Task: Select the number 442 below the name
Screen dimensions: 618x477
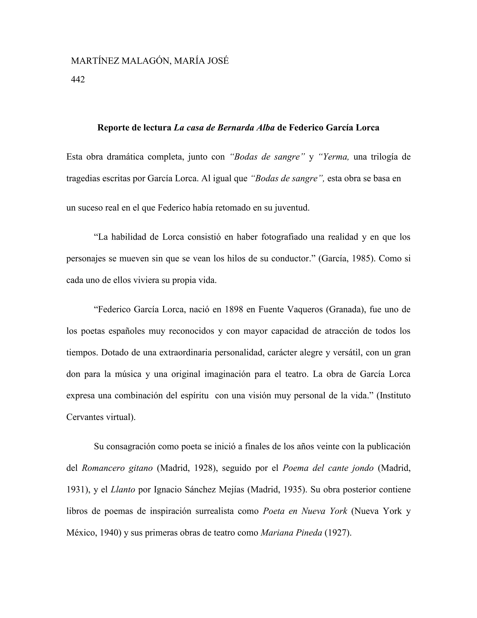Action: click(78, 80)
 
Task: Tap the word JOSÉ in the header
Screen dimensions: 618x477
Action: click(218, 61)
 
